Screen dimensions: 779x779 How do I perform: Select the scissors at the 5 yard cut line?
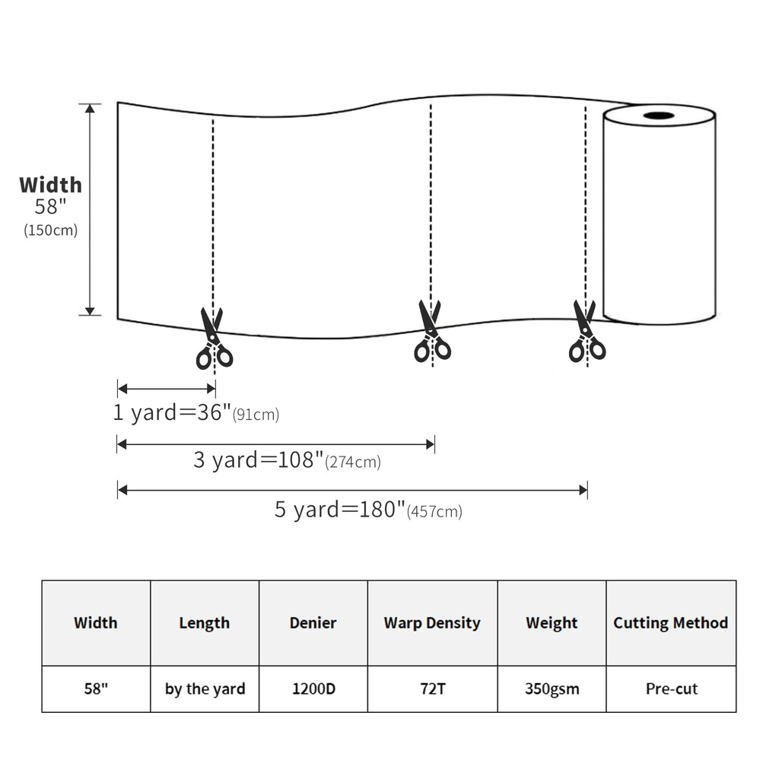point(587,331)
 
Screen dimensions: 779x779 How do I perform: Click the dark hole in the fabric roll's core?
point(659,116)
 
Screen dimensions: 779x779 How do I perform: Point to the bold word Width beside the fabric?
point(51,186)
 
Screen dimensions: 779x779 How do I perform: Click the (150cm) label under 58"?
point(51,230)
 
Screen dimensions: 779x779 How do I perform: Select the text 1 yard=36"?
point(172,412)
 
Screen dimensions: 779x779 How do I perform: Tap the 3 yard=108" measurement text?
point(259,459)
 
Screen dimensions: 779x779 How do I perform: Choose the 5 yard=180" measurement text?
point(340,509)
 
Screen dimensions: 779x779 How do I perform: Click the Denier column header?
point(313,622)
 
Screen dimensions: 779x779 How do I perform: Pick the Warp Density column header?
point(432,622)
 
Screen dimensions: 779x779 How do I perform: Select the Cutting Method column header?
point(671,622)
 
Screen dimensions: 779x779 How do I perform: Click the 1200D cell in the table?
point(313,688)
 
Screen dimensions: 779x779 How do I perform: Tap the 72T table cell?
point(433,688)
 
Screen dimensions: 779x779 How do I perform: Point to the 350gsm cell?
point(552,688)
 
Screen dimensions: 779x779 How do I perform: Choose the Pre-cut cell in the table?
point(671,688)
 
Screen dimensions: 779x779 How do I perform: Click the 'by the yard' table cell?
point(205,688)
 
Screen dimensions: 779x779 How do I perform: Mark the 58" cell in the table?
point(96,688)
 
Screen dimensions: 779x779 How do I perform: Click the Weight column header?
point(552,622)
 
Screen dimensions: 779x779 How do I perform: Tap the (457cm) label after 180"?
point(434,511)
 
